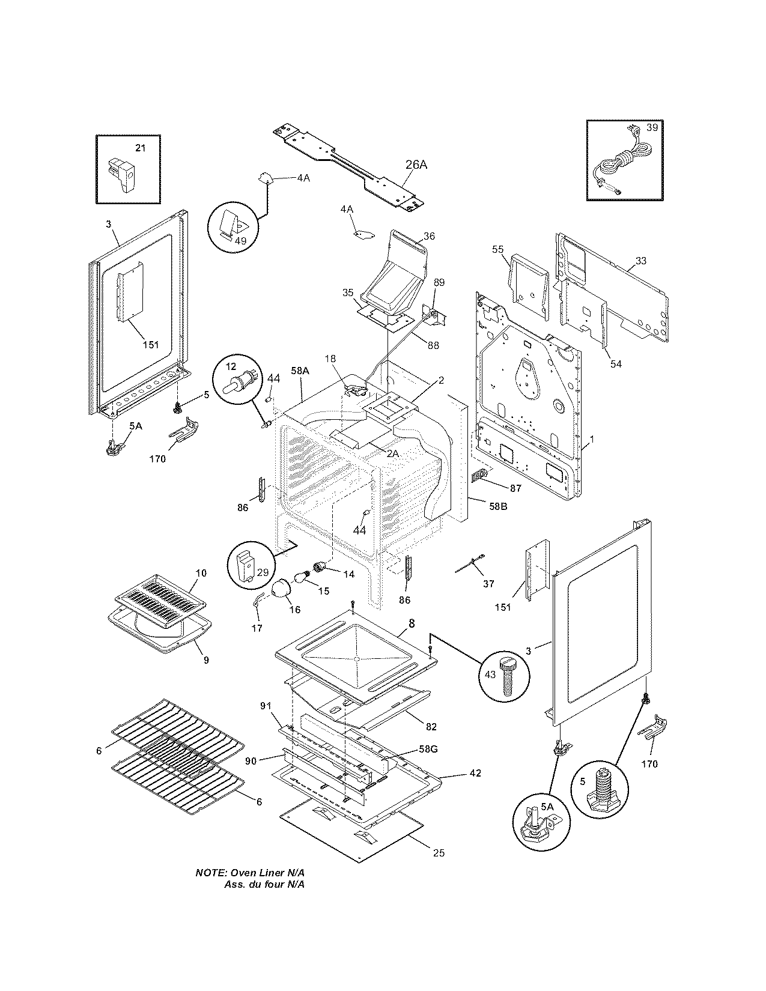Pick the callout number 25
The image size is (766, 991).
(x=439, y=852)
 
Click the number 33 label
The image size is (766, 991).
(x=641, y=261)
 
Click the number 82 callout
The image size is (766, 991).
(x=431, y=727)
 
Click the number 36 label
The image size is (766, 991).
(x=428, y=236)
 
